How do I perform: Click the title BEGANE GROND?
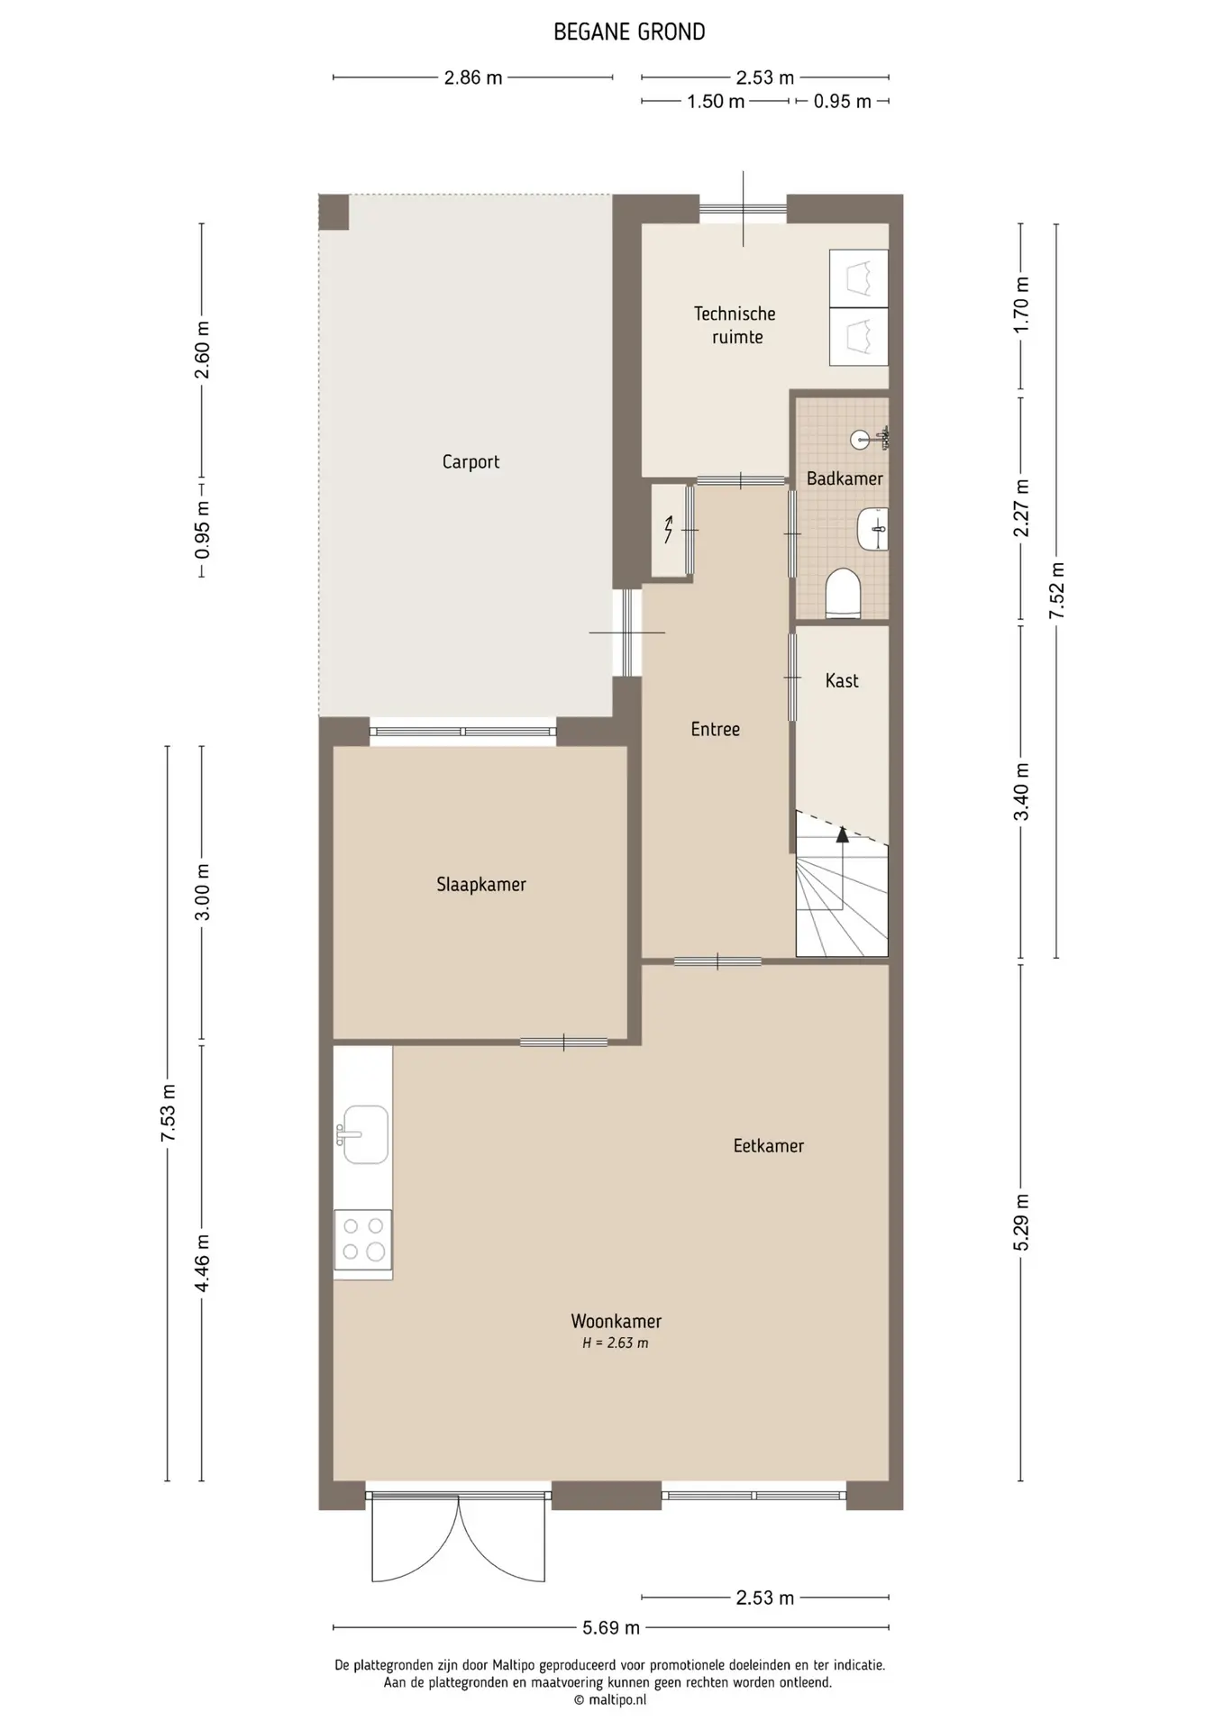[629, 32]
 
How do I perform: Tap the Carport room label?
[470, 462]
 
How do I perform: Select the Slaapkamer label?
[481, 885]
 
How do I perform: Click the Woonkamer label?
[617, 1322]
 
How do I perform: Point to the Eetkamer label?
[769, 1146]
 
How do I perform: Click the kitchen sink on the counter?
[363, 1135]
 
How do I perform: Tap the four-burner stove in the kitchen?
[363, 1240]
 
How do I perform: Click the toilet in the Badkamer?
[844, 594]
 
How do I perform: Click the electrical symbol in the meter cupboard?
[668, 530]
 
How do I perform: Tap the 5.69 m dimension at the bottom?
[611, 1627]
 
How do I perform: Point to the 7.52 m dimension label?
[1056, 590]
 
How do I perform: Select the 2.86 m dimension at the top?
[473, 77]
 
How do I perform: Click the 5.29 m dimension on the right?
[1021, 1222]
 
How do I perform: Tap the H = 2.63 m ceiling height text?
[616, 1343]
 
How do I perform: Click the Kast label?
[842, 681]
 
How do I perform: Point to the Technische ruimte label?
[735, 325]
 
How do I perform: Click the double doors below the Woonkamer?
[459, 1537]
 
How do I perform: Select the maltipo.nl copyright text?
[610, 1700]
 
